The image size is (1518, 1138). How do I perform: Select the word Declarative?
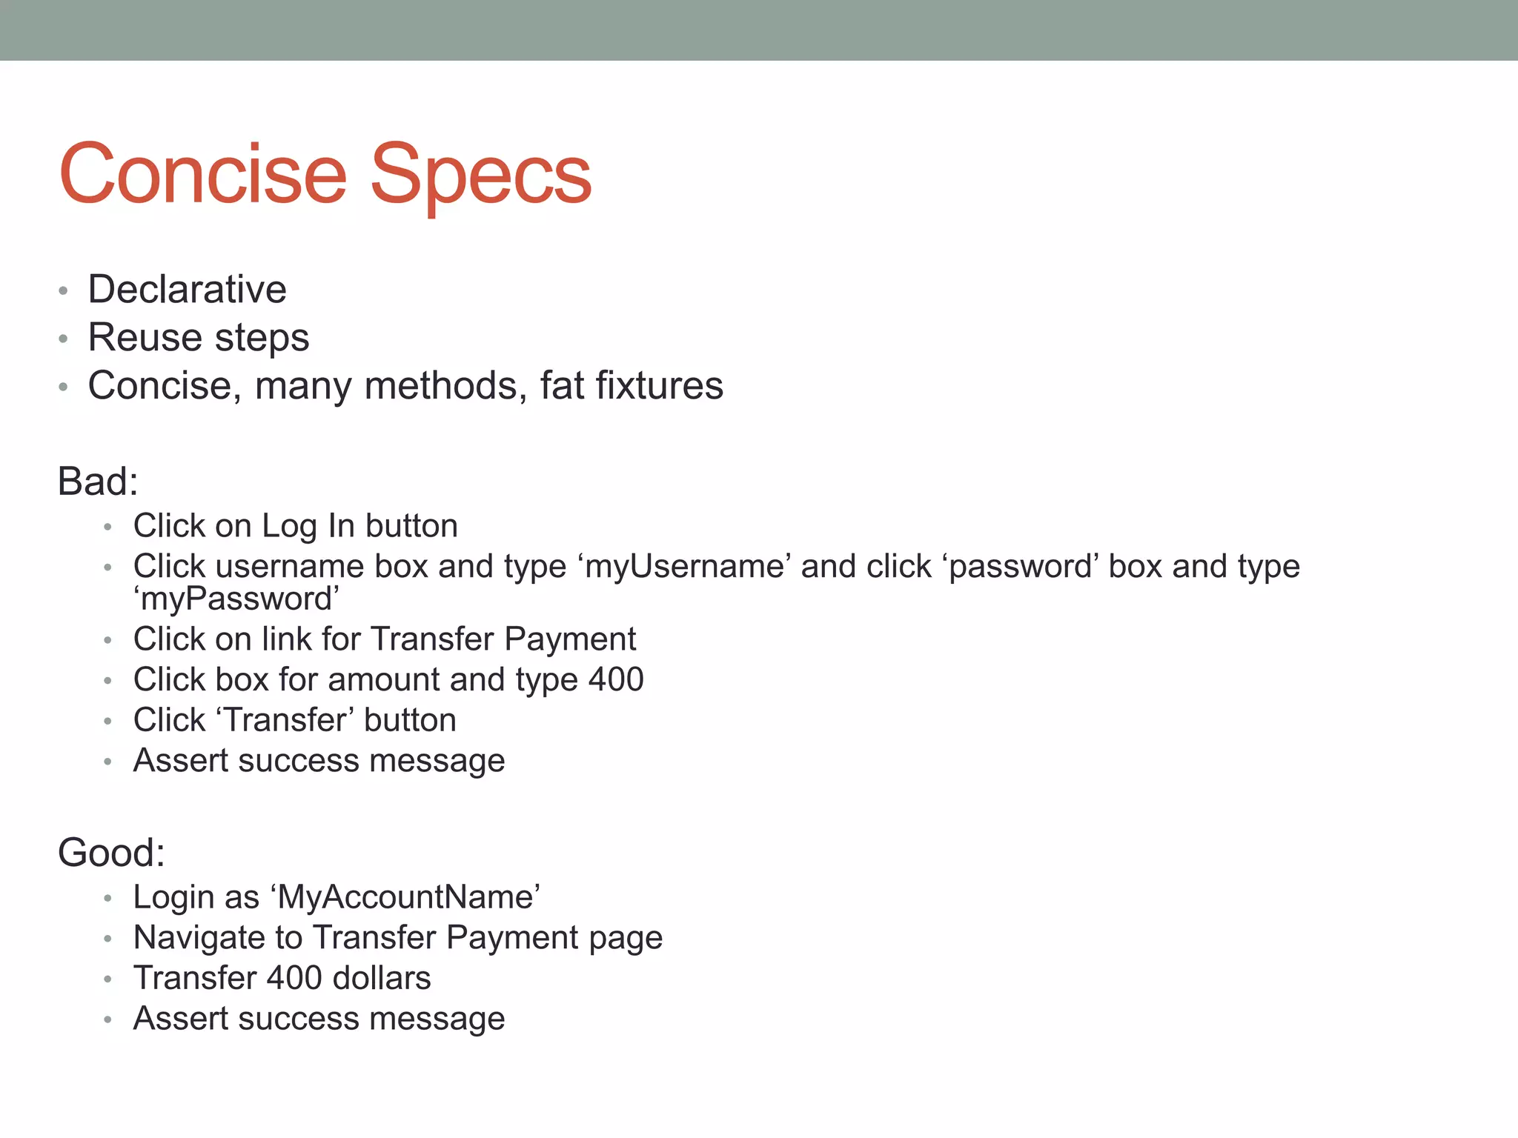click(187, 290)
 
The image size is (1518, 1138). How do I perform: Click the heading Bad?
click(98, 482)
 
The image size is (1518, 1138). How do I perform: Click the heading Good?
click(111, 853)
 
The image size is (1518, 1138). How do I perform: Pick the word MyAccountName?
click(405, 898)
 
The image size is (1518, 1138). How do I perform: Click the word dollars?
click(382, 979)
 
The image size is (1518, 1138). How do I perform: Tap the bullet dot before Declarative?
click(64, 291)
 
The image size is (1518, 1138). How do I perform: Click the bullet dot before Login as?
click(108, 899)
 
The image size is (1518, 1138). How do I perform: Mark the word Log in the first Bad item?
click(289, 527)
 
